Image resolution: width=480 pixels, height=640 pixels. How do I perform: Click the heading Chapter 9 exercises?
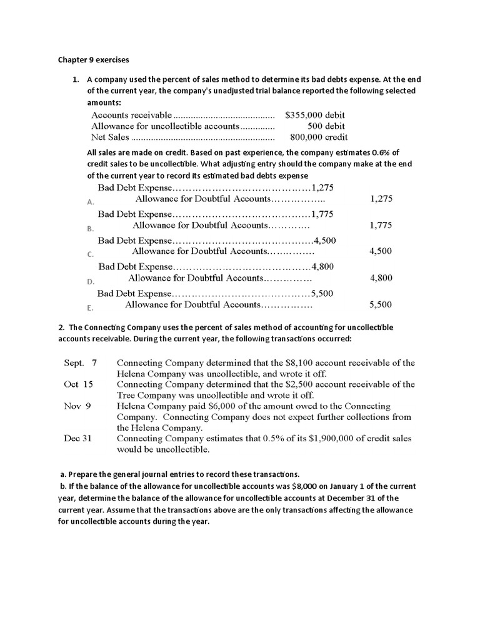click(x=93, y=60)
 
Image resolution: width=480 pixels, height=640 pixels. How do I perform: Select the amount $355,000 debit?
click(x=314, y=115)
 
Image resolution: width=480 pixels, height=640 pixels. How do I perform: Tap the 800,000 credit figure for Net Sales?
click(x=319, y=137)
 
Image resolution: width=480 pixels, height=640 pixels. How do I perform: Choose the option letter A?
click(x=91, y=202)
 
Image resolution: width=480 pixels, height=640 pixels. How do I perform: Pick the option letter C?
click(x=91, y=254)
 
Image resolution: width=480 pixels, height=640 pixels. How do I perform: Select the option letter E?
click(x=91, y=308)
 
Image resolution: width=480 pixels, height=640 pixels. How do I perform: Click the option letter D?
click(x=91, y=282)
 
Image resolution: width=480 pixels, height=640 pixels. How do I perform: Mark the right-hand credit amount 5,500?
click(x=381, y=304)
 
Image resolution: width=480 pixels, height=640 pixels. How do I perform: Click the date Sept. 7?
click(x=81, y=362)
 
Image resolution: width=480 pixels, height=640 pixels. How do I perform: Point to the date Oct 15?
click(x=78, y=384)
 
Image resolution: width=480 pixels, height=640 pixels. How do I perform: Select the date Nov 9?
click(x=77, y=406)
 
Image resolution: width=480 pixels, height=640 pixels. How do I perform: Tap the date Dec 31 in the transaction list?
click(x=77, y=438)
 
